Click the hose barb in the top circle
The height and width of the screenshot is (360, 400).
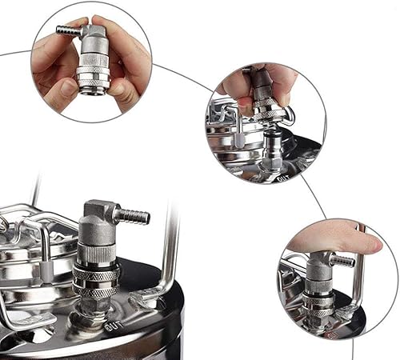(x=67, y=30)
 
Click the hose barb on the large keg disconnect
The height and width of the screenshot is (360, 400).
(x=133, y=215)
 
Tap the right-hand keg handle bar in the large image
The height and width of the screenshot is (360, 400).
(x=170, y=248)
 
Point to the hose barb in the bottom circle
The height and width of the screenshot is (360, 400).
(x=342, y=262)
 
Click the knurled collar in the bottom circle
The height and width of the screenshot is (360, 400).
(x=318, y=302)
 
